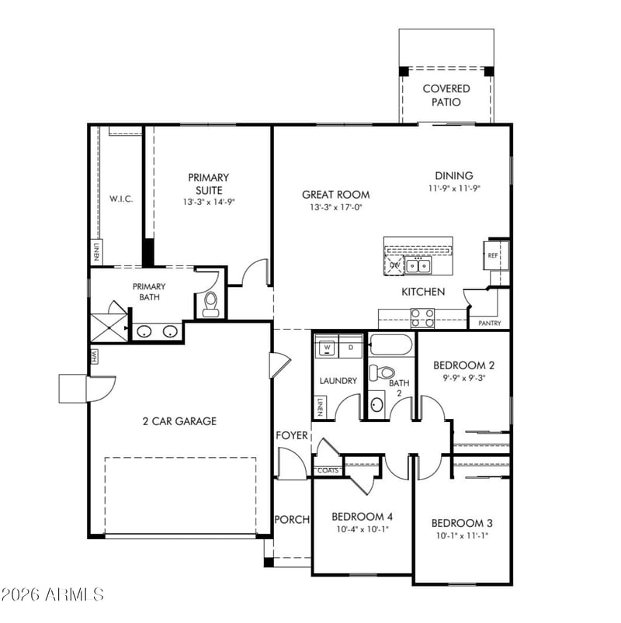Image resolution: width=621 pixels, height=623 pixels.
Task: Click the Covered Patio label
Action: (446, 95)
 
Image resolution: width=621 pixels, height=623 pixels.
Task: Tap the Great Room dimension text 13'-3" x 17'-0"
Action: (336, 207)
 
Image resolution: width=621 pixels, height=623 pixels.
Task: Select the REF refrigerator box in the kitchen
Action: (496, 255)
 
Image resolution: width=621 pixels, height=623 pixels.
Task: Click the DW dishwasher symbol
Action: (394, 265)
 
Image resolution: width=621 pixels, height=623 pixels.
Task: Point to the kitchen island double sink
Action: (418, 265)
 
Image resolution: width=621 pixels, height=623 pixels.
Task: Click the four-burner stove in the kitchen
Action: (422, 318)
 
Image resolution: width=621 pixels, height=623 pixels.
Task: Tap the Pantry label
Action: (489, 323)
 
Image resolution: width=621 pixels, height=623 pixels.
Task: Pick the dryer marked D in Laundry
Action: (351, 347)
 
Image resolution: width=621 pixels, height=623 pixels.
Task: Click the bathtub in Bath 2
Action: (391, 344)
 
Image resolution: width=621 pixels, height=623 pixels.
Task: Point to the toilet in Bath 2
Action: (382, 372)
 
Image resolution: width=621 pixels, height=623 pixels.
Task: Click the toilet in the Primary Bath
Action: (210, 304)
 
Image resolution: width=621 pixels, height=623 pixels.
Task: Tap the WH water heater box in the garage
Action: (95, 355)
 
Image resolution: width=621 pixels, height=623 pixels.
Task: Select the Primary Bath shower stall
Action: (109, 327)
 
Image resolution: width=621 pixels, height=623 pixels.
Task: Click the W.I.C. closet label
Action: (121, 199)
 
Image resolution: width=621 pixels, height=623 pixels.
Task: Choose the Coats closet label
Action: (328, 470)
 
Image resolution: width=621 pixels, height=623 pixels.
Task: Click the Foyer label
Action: (292, 435)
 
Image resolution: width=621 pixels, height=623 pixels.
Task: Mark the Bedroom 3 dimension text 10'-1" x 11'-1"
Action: (462, 535)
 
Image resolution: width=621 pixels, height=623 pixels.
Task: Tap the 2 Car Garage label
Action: (179, 421)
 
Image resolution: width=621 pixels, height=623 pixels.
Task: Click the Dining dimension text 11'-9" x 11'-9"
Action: (454, 189)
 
